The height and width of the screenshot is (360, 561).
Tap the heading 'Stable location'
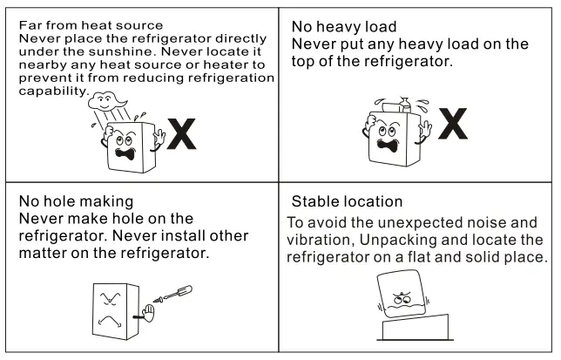[x=347, y=202]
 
